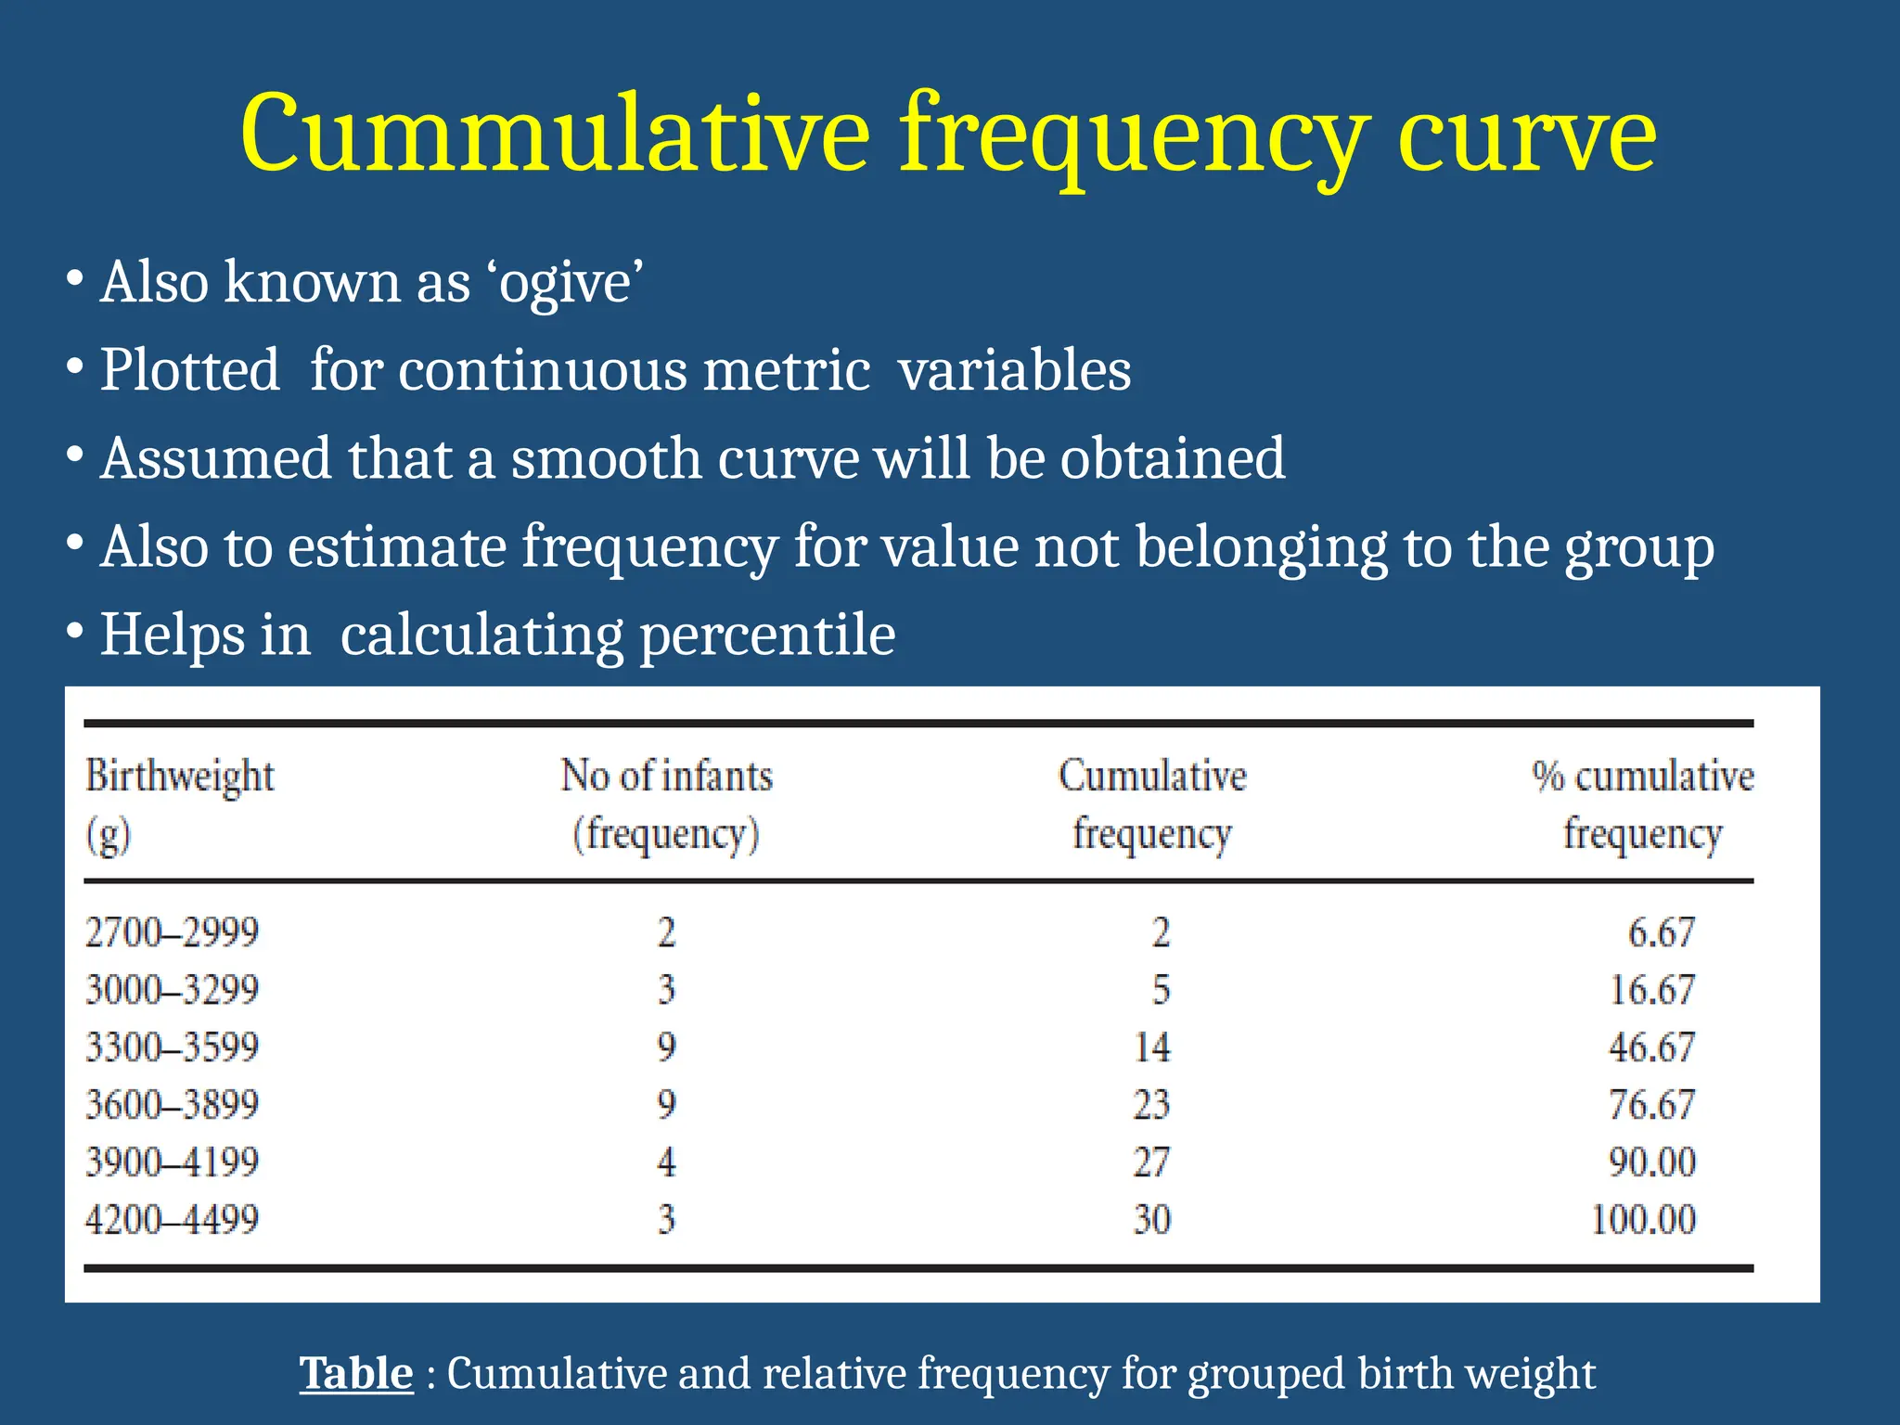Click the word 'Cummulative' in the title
(554, 135)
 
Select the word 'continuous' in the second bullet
(543, 370)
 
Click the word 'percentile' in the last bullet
(767, 635)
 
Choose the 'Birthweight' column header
(180, 777)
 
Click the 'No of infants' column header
(666, 777)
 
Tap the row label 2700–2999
(172, 932)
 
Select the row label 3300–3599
(172, 1047)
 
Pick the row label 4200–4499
(172, 1219)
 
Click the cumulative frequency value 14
(1152, 1047)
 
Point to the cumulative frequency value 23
(1152, 1105)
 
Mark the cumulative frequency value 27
(1152, 1162)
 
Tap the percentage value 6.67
(1662, 932)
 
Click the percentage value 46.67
(1651, 1047)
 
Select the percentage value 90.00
(1651, 1162)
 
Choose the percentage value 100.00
(1643, 1219)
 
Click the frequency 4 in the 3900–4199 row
(666, 1162)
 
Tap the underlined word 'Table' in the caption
(356, 1373)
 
